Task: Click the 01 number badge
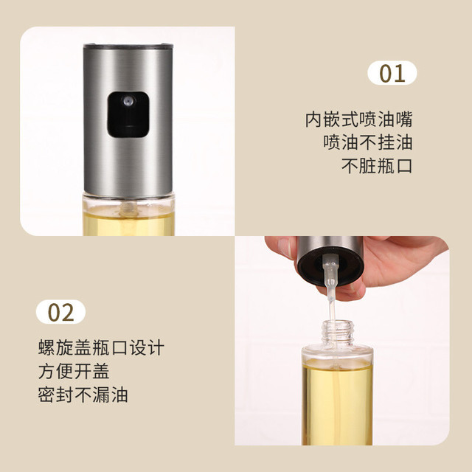(x=392, y=73)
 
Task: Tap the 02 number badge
(x=60, y=312)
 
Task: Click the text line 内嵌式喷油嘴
(x=358, y=119)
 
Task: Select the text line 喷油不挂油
(x=368, y=142)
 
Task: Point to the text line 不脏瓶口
(x=377, y=165)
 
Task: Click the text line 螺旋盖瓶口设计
(x=101, y=347)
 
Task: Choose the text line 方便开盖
(x=74, y=371)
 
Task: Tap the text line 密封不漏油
(x=83, y=395)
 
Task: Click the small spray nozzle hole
(x=128, y=101)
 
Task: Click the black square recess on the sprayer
(x=128, y=115)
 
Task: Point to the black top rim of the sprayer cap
(x=128, y=46)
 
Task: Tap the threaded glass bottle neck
(x=338, y=333)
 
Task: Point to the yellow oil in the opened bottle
(x=337, y=404)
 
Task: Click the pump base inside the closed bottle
(x=128, y=209)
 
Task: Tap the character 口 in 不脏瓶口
(x=404, y=165)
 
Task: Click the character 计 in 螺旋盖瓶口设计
(x=156, y=347)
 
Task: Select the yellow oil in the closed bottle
(x=128, y=224)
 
